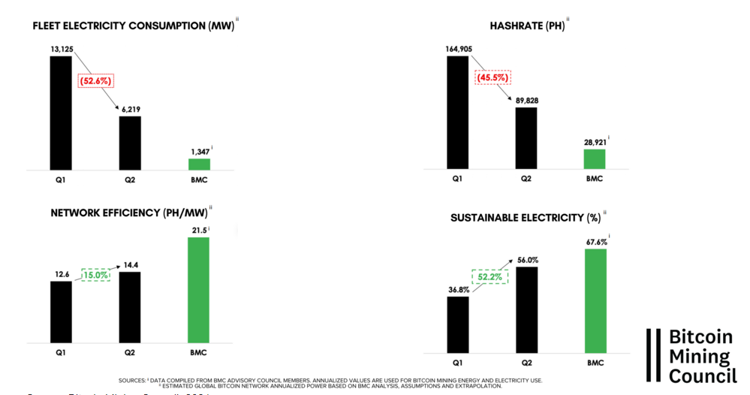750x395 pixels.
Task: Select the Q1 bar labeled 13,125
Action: click(x=61, y=113)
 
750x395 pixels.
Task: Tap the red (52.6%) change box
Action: click(x=95, y=80)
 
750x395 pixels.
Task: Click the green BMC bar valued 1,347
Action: click(x=199, y=164)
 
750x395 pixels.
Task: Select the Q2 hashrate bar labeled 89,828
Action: click(x=526, y=139)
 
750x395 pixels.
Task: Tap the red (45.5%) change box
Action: click(x=492, y=77)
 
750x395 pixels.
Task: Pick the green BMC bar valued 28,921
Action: click(x=594, y=159)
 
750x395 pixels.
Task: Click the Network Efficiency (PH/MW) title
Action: click(x=128, y=213)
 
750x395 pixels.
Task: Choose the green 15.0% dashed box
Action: click(x=95, y=275)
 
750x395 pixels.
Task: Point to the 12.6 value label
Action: click(x=61, y=275)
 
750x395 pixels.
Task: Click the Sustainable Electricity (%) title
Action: click(x=525, y=218)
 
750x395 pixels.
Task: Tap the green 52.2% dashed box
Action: click(x=491, y=276)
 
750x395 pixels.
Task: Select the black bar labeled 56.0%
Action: click(x=526, y=309)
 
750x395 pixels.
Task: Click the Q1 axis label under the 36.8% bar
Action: click(x=457, y=362)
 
